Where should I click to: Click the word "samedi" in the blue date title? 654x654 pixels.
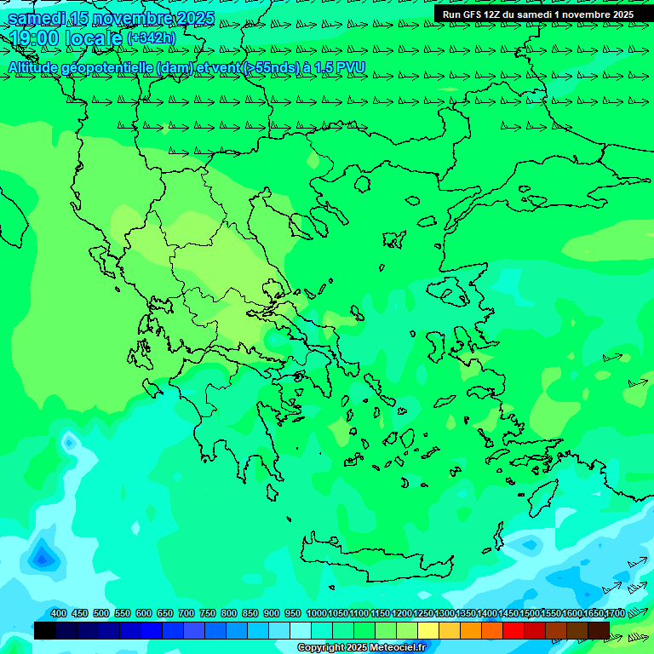37,18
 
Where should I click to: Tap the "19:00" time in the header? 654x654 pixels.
34,38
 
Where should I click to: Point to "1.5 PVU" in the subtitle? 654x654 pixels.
341,67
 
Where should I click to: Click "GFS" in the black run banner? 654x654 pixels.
473,14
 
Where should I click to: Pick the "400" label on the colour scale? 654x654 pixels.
59,613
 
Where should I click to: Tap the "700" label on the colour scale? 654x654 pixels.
186,613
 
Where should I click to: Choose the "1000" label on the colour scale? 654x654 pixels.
316,613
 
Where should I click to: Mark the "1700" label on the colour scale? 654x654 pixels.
614,613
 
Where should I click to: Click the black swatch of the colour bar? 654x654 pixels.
45,630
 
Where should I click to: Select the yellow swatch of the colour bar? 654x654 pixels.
428,630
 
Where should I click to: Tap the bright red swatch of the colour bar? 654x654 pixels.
513,630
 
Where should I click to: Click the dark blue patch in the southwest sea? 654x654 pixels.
41,558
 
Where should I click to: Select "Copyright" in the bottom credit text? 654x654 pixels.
321,648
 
